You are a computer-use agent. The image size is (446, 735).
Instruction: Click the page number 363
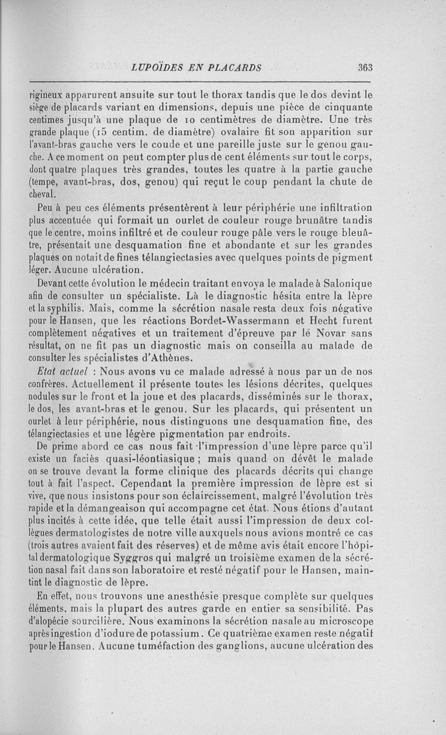365,67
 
